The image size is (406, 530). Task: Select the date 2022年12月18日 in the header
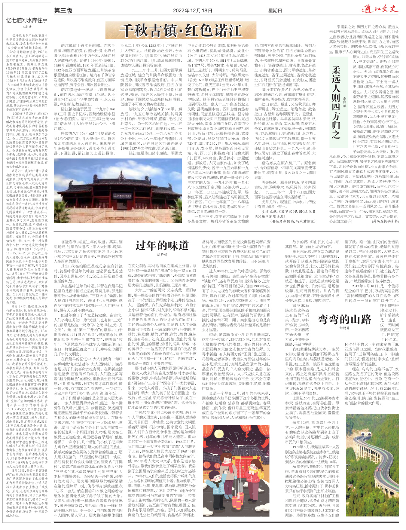tap(192, 10)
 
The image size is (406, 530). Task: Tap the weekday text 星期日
tap(275, 10)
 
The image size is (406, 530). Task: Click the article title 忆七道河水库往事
tap(27, 21)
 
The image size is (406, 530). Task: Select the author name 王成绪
tap(27, 27)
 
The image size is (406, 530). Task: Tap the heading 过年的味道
tap(162, 246)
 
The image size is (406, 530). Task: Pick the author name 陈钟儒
tap(162, 254)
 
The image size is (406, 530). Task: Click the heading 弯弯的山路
tap(344, 319)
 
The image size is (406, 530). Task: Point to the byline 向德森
tap(344, 328)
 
